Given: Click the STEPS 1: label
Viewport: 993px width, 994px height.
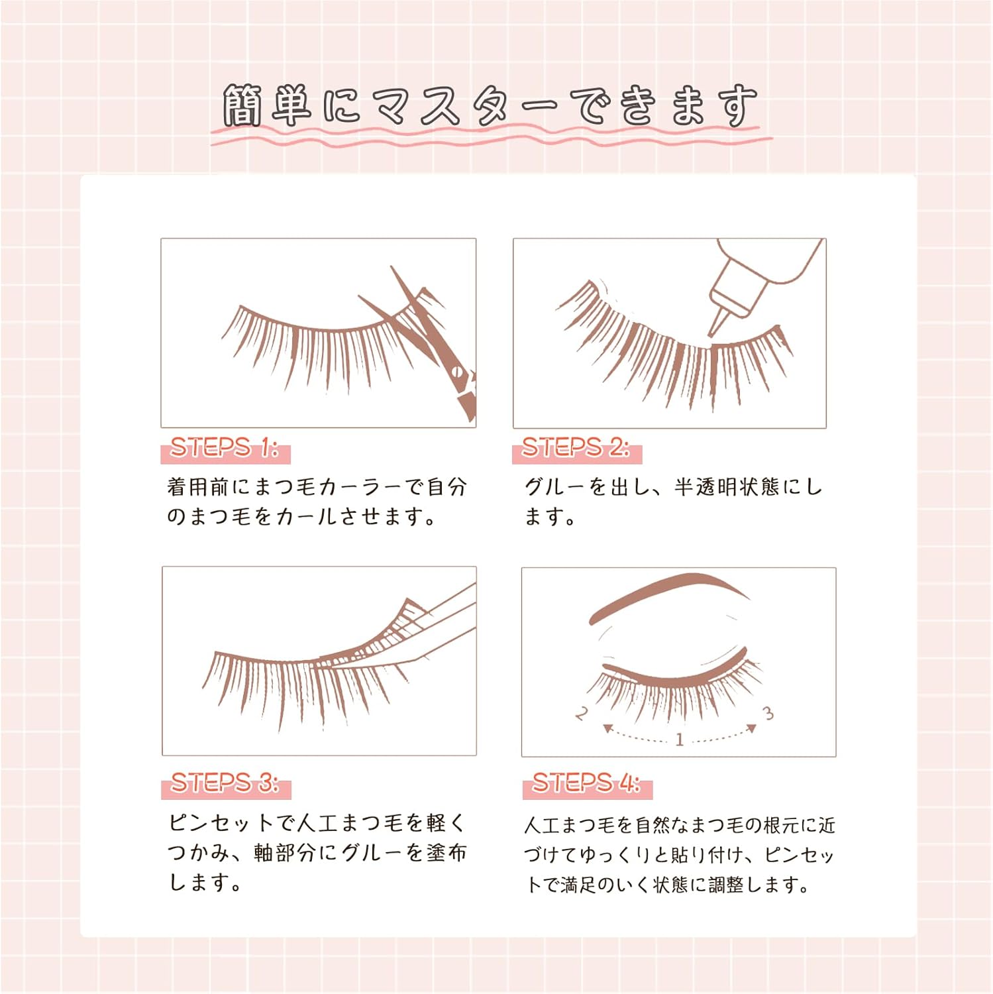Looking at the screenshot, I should [x=225, y=449].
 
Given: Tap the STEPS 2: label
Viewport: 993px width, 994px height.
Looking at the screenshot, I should [x=576, y=449].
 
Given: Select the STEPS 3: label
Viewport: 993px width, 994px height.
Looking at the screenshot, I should [x=225, y=783].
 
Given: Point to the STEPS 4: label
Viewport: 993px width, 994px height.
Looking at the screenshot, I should [x=586, y=783].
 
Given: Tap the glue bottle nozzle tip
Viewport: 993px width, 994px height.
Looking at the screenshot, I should [x=714, y=333].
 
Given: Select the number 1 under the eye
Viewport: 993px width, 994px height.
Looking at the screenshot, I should [x=679, y=740].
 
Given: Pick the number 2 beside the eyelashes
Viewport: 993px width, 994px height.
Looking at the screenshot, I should [x=582, y=714].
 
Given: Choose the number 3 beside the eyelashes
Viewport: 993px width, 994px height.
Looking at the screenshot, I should [x=768, y=713].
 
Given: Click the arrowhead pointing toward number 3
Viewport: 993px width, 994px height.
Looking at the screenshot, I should [x=752, y=728].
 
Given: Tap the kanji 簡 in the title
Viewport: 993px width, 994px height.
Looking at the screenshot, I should [x=242, y=106].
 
